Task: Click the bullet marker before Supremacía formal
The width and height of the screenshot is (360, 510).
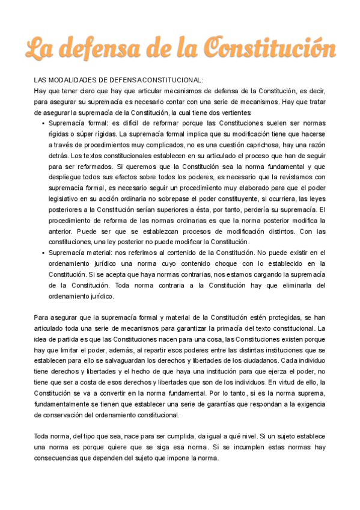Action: click(x=43, y=123)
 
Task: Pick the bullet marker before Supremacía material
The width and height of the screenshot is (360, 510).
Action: click(x=43, y=253)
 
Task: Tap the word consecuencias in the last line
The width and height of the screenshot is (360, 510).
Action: click(x=59, y=458)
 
